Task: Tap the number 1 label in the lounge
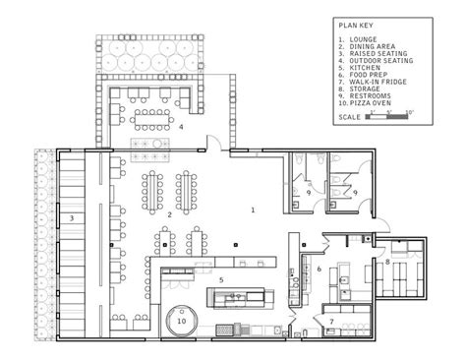tap(253, 210)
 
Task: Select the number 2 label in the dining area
tap(169, 213)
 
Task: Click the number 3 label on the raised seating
tap(70, 218)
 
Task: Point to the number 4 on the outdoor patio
tap(181, 127)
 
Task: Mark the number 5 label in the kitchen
tap(222, 280)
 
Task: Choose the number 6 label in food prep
tap(319, 268)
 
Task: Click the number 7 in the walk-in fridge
tap(330, 322)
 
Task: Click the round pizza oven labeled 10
tap(181, 318)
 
